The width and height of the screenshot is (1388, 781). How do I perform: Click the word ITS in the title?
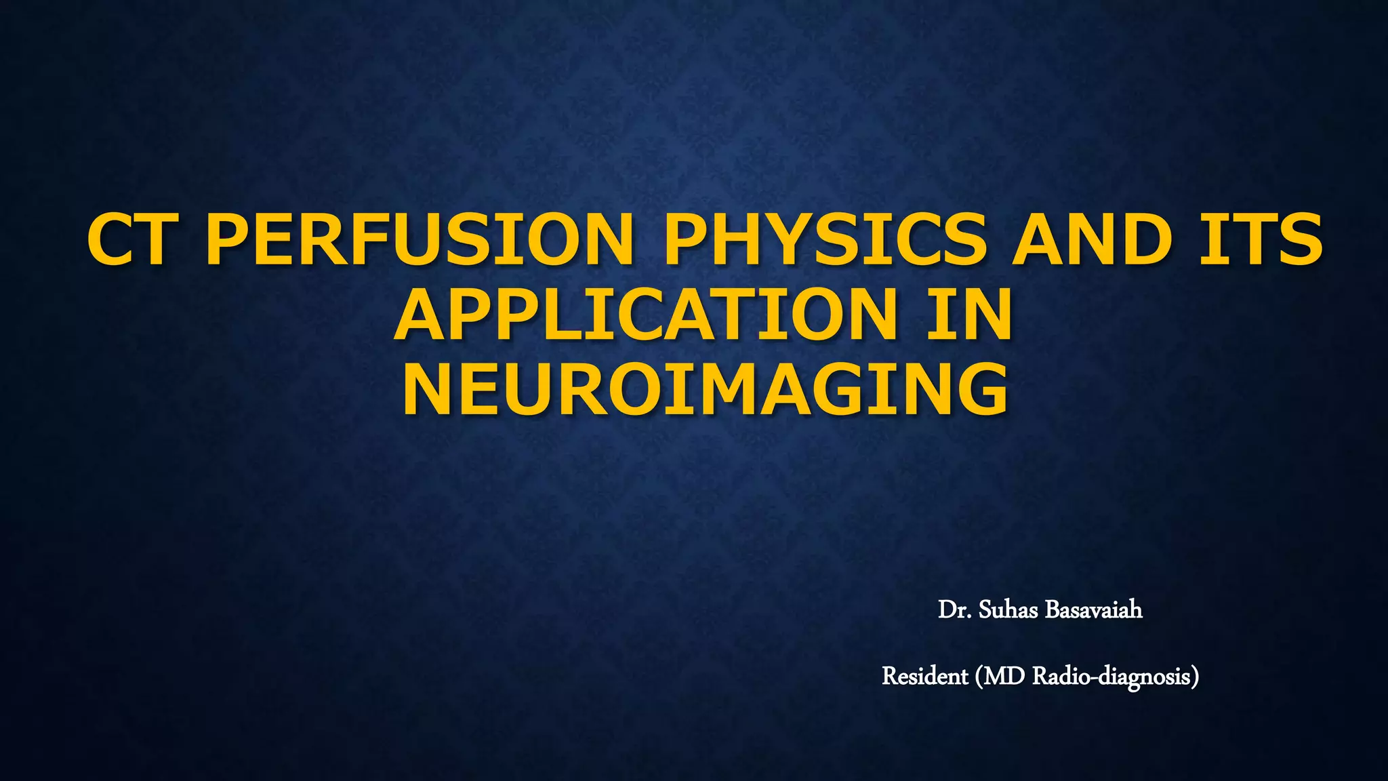(x=1261, y=240)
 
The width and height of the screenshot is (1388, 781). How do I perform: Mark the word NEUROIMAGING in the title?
(x=705, y=390)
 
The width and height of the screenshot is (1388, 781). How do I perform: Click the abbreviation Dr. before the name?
(x=954, y=610)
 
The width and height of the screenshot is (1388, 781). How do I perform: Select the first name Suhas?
(x=1008, y=610)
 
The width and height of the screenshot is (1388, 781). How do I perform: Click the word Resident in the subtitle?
(x=924, y=676)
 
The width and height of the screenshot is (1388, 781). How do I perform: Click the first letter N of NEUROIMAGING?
(x=431, y=390)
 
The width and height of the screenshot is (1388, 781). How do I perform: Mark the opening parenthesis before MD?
(x=979, y=677)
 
